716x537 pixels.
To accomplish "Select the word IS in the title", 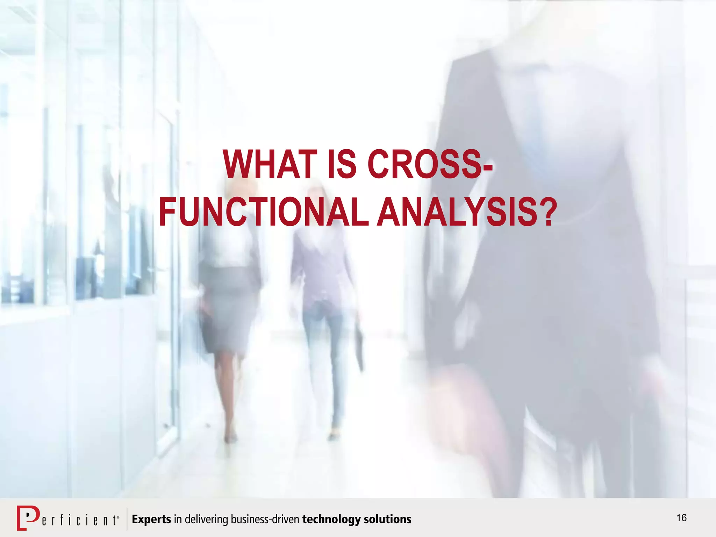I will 342,164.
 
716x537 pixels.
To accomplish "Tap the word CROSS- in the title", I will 430,164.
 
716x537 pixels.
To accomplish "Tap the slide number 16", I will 681,518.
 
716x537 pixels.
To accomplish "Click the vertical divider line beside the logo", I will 127,519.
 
